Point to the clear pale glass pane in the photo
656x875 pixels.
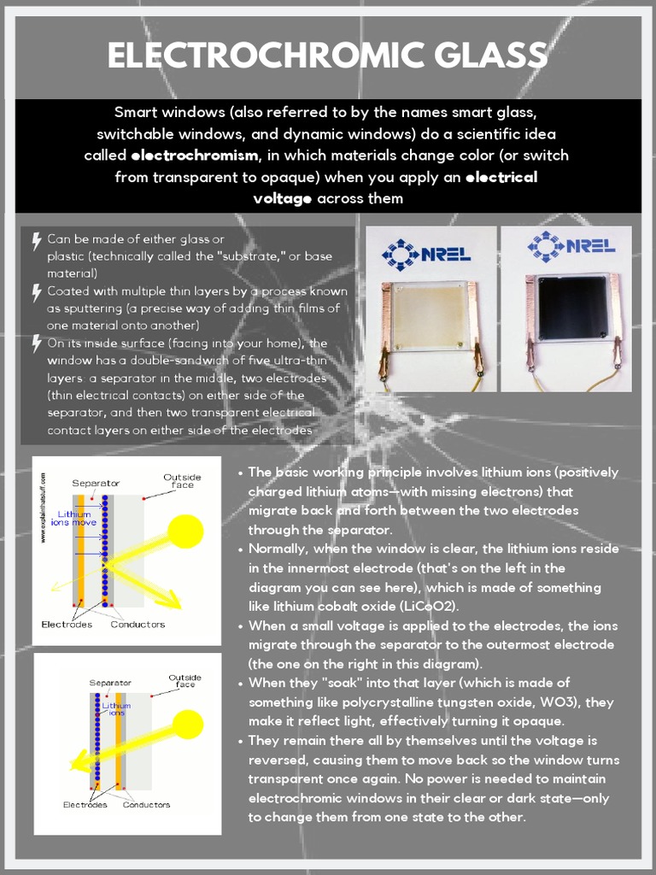click(431, 312)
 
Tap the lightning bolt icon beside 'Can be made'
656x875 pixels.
click(37, 241)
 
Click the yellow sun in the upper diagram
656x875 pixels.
click(184, 531)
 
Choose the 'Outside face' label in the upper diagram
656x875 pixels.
click(182, 480)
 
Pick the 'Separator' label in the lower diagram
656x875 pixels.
click(110, 683)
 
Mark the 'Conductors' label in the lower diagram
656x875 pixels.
click(146, 804)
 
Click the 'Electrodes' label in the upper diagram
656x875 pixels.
click(67, 625)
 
